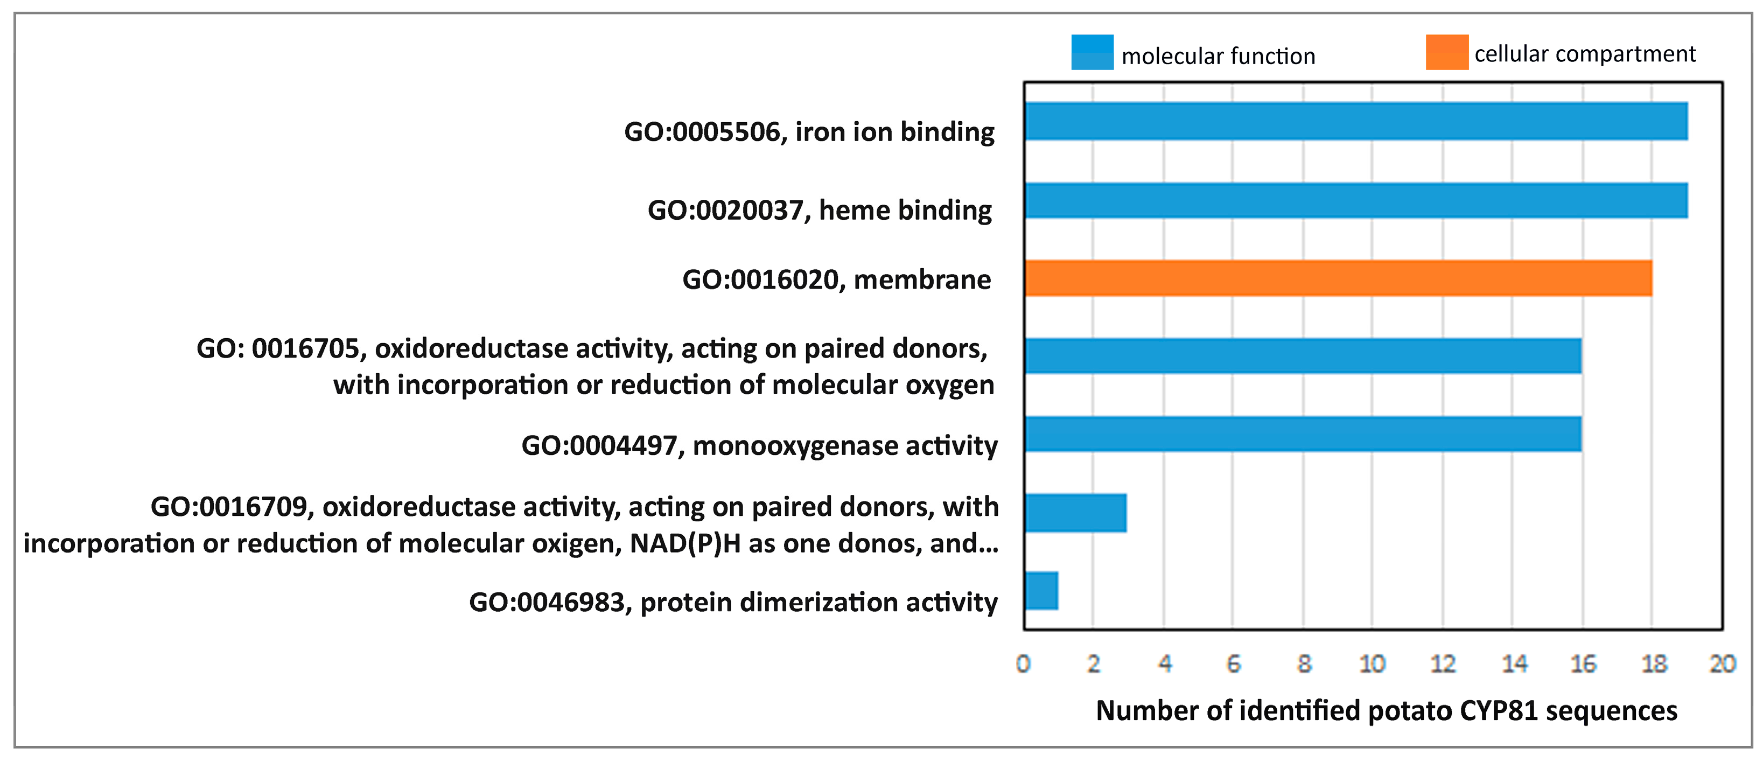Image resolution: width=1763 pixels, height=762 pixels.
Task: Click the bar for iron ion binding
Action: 1356,121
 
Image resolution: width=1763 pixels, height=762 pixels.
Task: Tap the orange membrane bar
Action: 1339,278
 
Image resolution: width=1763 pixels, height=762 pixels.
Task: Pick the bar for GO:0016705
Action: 1303,355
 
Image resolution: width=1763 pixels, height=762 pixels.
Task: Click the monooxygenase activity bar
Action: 1303,434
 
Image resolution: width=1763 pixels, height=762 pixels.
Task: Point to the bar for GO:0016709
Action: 1076,513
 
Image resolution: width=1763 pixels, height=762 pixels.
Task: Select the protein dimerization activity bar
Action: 1041,591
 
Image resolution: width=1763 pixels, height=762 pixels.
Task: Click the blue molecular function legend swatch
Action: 1092,52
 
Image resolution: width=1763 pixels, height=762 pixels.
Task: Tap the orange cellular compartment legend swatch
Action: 1447,52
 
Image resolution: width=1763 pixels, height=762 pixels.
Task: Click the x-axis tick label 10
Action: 1372,663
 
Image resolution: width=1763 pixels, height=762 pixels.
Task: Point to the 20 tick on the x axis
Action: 1723,663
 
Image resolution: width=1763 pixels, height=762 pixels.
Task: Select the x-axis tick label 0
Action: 1023,663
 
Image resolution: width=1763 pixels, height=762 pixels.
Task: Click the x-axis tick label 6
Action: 1233,663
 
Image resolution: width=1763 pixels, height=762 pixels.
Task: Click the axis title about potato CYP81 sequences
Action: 1387,711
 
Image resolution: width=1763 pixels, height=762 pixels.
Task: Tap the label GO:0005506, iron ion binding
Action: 809,131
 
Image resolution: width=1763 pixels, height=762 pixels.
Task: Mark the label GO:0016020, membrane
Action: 836,279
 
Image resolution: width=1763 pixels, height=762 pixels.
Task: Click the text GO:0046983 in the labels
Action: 546,603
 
